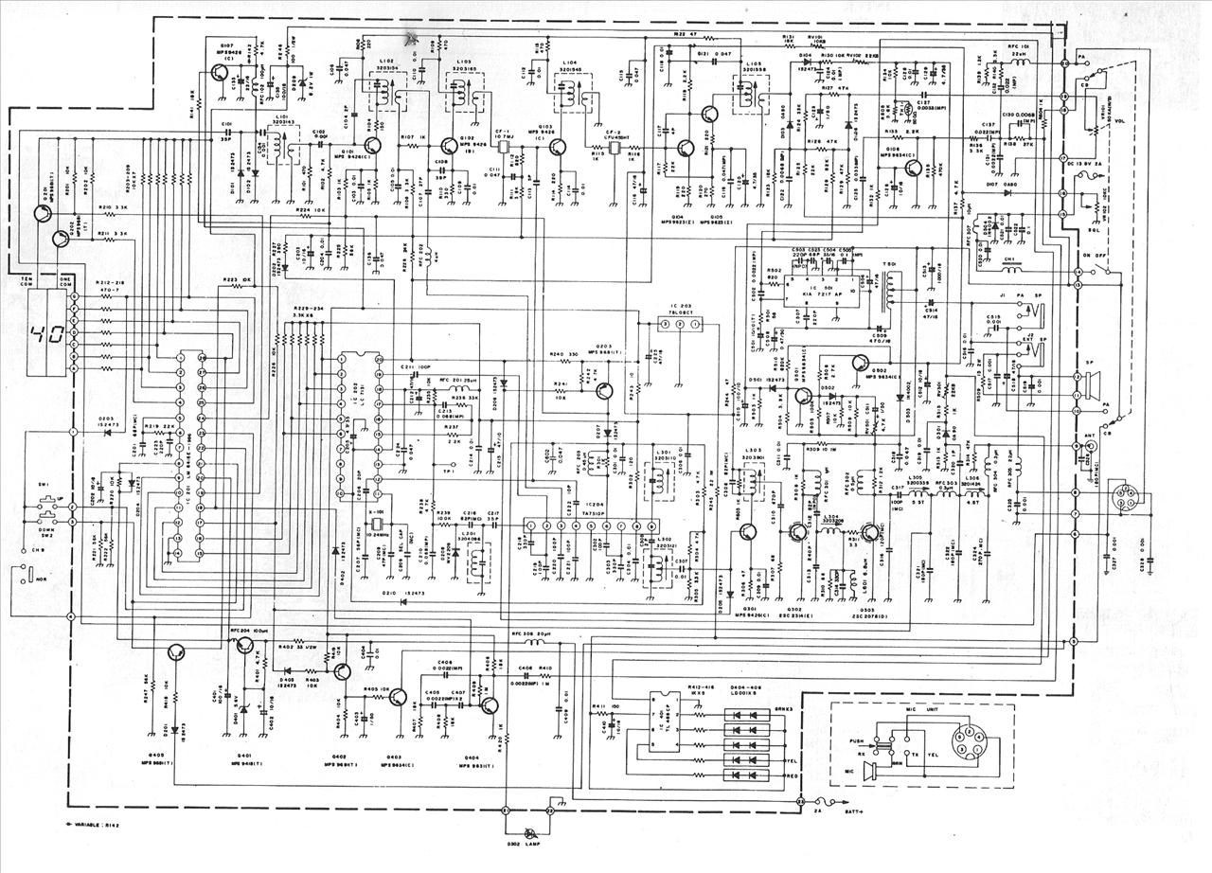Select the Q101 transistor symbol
click(x=369, y=146)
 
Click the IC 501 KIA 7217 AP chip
click(x=823, y=287)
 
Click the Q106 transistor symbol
click(x=911, y=168)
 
